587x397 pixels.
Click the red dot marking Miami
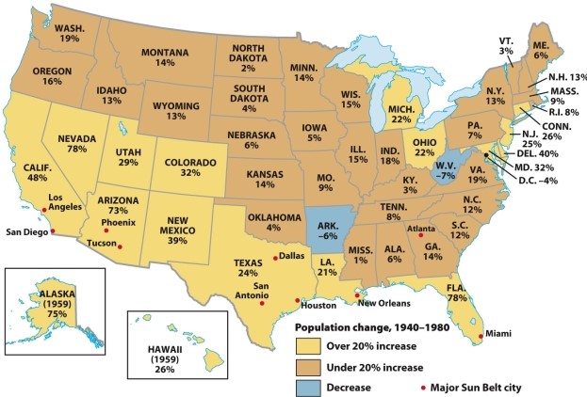click(481, 335)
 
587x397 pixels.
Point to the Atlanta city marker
click(420, 232)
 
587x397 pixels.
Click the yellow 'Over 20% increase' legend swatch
click(312, 346)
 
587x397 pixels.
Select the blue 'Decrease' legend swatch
click(312, 386)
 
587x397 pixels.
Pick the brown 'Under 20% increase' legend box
click(312, 366)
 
